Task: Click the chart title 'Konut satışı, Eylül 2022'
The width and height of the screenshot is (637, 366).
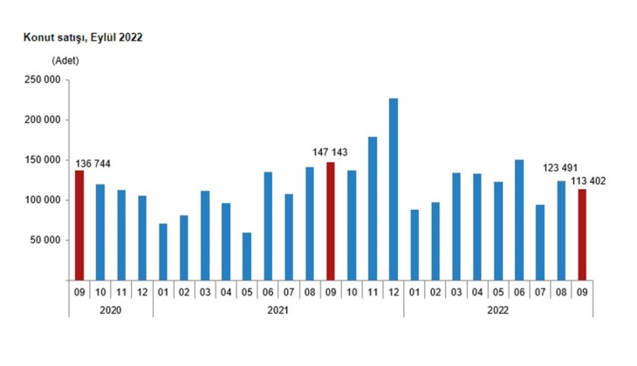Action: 76,37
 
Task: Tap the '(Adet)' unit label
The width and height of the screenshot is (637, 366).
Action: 65,60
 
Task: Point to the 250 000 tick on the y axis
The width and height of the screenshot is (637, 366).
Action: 42,80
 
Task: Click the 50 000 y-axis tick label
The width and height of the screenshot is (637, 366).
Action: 45,241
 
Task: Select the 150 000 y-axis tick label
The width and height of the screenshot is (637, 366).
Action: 42,160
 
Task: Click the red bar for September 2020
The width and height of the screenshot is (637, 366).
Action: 79,225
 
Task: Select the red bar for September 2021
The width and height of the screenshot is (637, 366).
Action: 331,220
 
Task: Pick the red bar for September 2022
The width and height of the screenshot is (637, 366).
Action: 582,234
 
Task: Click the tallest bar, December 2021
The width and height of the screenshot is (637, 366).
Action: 394,189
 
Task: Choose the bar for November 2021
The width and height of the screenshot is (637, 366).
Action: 373,208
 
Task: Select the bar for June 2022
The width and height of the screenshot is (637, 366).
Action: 519,220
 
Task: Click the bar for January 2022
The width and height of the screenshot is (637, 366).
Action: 414,245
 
